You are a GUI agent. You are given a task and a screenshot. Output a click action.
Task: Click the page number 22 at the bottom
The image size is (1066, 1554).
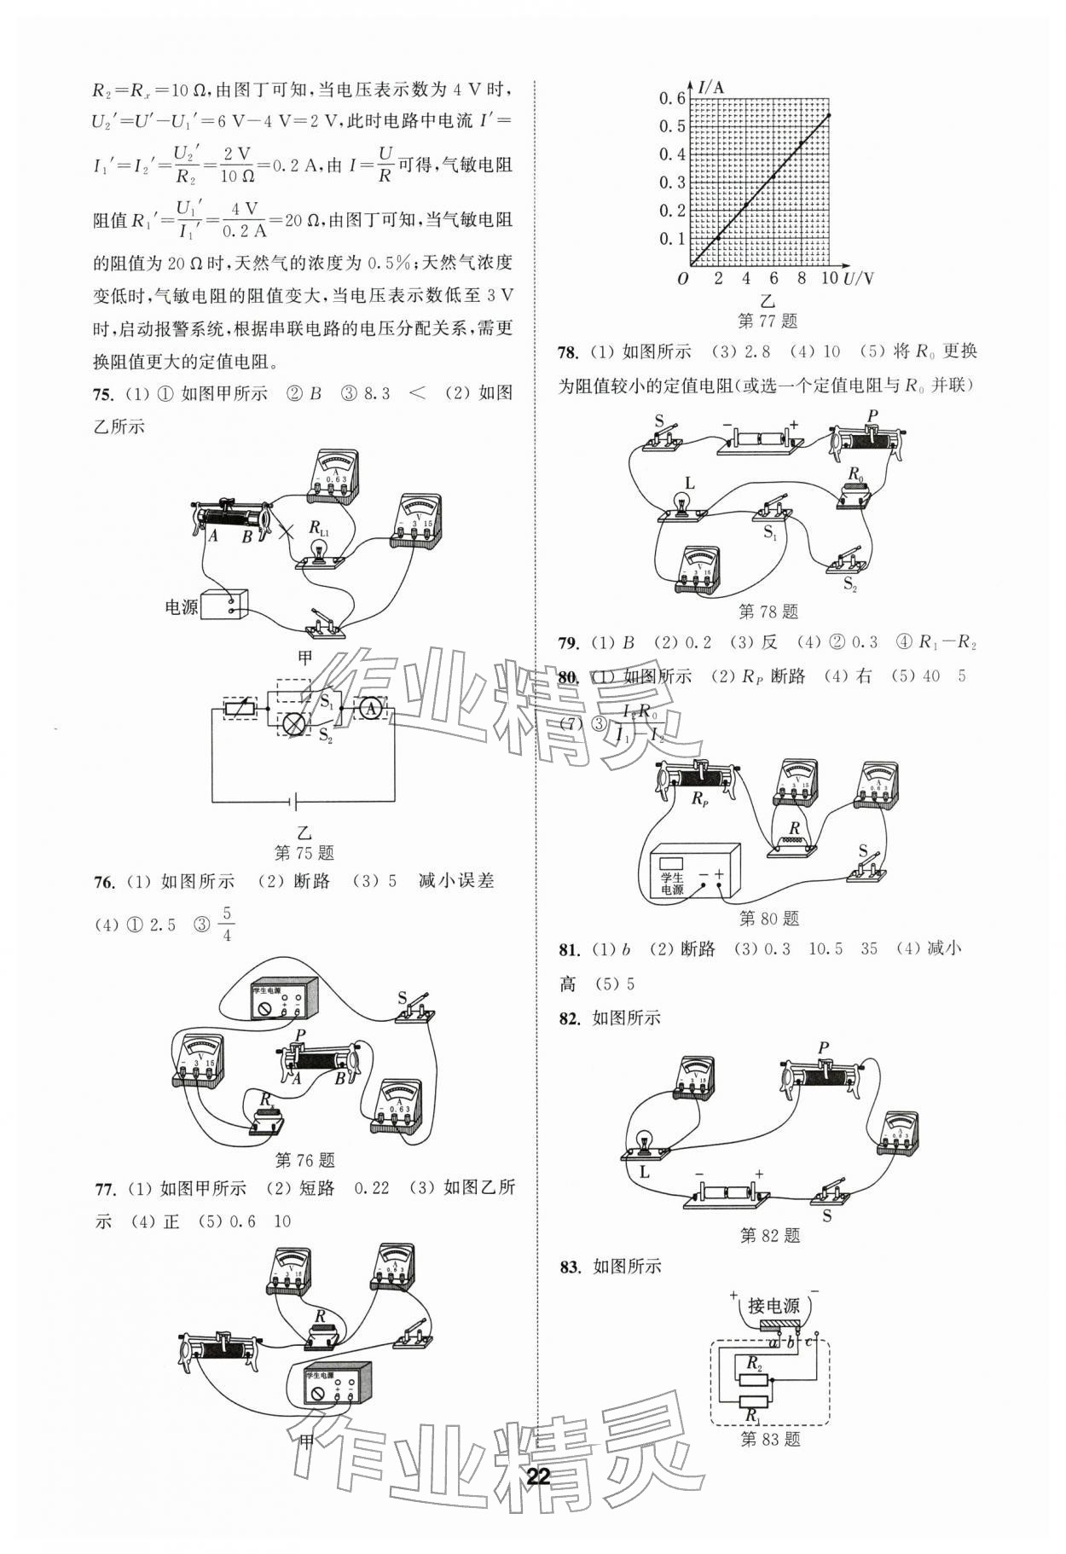[x=538, y=1476]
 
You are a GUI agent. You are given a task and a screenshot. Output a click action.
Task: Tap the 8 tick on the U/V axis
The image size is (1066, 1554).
[x=802, y=279]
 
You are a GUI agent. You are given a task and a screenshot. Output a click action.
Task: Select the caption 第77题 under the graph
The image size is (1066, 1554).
[x=767, y=321]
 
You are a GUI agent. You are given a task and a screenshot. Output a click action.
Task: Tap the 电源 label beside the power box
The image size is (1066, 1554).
[x=181, y=607]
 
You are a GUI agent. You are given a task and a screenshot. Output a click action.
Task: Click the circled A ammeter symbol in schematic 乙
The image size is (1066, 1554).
[x=369, y=708]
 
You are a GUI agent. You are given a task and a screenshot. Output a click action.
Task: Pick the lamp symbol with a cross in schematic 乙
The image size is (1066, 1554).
[x=295, y=723]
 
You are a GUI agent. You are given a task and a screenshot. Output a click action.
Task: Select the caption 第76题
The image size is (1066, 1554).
[x=305, y=1160]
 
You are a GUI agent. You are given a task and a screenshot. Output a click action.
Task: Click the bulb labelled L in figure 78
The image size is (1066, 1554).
[x=683, y=506]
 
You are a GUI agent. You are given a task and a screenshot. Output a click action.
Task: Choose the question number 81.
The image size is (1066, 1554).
[x=569, y=949]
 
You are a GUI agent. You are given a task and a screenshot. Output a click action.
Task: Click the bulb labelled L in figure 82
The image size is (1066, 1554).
[x=646, y=1142]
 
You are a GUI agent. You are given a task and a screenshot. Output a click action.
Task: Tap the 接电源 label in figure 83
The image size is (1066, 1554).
[x=773, y=1306]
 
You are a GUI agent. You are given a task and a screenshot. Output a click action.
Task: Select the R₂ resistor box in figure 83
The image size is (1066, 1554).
[x=752, y=1381]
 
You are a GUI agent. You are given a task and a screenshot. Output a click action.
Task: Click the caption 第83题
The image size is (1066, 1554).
[x=770, y=1440]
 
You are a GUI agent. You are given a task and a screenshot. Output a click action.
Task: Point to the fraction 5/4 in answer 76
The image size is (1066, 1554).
[x=226, y=925]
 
